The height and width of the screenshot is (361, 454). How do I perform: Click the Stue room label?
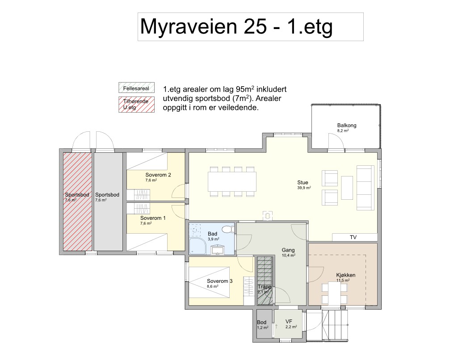[303, 182]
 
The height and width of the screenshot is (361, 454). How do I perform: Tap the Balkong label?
[347, 126]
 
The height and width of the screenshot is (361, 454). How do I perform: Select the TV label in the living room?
[353, 237]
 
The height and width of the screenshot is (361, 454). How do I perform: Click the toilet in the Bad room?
[229, 229]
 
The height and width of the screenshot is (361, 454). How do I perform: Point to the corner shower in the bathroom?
[197, 247]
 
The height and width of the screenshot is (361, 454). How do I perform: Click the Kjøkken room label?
[346, 275]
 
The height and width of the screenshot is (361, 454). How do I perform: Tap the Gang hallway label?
[288, 250]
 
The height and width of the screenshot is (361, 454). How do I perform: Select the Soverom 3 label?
[219, 281]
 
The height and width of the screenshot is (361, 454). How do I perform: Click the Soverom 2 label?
[158, 175]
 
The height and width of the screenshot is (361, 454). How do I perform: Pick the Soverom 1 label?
[153, 218]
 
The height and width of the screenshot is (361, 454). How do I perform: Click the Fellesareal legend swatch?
[136, 88]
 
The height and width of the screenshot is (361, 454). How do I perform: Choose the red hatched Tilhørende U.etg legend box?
[136, 104]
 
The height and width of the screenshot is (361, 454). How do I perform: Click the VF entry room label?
[289, 321]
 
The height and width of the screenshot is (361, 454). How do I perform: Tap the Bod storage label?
[261, 322]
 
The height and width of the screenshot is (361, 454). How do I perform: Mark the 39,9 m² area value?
[304, 188]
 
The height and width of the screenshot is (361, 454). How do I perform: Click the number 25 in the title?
[256, 26]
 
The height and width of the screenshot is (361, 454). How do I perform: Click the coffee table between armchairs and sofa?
[347, 188]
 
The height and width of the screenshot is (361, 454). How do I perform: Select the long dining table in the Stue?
[232, 181]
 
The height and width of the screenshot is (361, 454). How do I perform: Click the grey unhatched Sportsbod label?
[107, 195]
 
